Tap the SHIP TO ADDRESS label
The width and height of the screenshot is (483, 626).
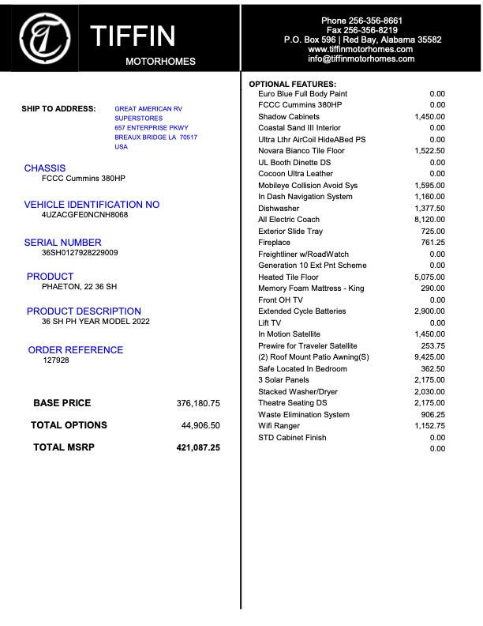[x=58, y=109]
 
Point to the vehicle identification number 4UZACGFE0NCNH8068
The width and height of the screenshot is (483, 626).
[x=84, y=215]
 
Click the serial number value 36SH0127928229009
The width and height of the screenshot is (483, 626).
[x=80, y=253]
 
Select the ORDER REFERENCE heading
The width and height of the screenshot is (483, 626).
[x=76, y=350]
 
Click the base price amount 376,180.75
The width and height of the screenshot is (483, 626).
[x=197, y=403]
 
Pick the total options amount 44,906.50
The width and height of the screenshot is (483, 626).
[x=200, y=425]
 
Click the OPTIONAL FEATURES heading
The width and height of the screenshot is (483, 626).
[x=292, y=84]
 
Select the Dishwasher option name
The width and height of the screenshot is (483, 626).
[x=279, y=209]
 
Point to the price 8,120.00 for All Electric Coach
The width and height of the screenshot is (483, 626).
[x=429, y=220]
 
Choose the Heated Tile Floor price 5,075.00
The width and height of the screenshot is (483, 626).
[x=429, y=277]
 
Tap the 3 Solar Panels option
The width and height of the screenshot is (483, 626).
[x=285, y=380]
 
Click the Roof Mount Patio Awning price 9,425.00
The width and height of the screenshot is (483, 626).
[x=429, y=357]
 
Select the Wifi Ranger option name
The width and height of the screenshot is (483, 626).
[x=279, y=426]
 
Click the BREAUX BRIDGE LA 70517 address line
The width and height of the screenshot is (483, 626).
[x=155, y=138]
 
